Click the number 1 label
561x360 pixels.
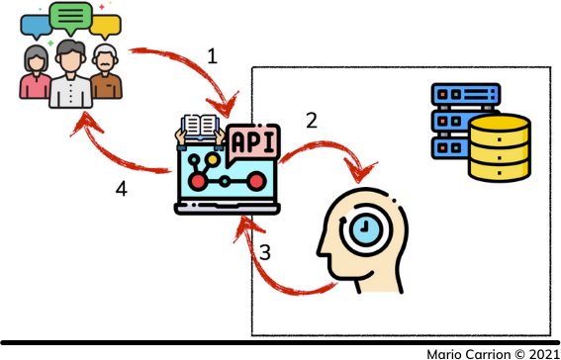[213, 56]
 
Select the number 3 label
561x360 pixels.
[264, 253]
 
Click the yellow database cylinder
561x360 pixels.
[499, 147]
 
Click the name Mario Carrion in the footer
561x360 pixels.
[463, 352]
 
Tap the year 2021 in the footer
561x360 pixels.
[539, 352]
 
